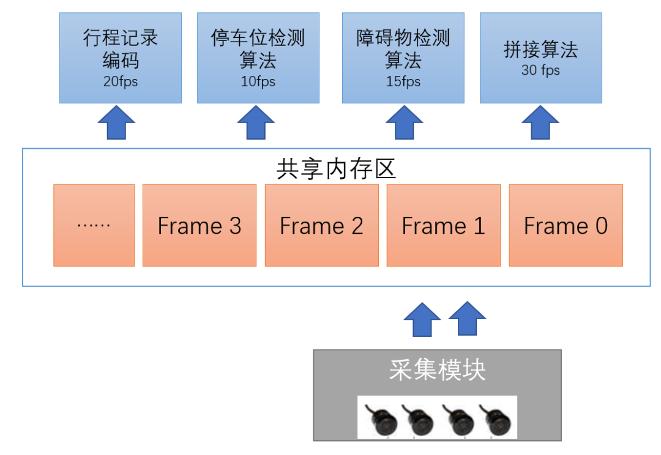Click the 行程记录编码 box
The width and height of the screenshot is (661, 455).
(x=121, y=58)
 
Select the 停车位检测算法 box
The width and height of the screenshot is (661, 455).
(x=258, y=58)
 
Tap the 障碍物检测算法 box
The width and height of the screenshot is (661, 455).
(x=403, y=58)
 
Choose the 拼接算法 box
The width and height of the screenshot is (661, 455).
(x=540, y=58)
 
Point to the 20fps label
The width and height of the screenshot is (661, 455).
(x=121, y=81)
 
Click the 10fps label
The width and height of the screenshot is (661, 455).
(x=258, y=81)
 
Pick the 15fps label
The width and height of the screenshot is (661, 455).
(x=403, y=81)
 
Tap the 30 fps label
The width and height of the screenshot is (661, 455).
(x=540, y=70)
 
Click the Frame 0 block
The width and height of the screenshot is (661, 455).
(x=566, y=225)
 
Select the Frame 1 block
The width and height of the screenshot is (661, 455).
(x=443, y=225)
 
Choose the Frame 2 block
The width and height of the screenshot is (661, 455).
(x=321, y=225)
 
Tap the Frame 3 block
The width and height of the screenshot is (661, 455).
(x=200, y=225)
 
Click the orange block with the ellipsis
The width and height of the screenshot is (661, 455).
(x=94, y=225)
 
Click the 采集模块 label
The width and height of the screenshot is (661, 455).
(x=437, y=370)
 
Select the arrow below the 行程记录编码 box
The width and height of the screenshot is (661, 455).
(x=116, y=122)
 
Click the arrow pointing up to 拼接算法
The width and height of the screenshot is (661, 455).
(x=540, y=122)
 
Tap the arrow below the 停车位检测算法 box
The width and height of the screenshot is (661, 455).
(x=255, y=122)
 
